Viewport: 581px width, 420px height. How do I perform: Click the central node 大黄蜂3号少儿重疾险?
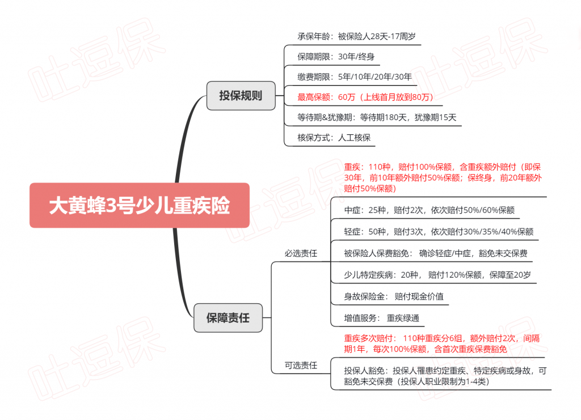pos(140,205)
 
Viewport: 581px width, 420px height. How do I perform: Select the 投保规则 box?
pos(241,95)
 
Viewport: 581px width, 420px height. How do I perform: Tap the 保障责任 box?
pos(228,317)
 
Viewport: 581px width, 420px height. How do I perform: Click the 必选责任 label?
pos(301,253)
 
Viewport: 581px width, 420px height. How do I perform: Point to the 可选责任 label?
pos(301,365)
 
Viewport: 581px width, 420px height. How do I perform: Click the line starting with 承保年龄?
pos(356,36)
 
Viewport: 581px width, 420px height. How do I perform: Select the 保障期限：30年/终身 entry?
pos(336,57)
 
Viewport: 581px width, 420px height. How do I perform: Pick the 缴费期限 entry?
pos(355,77)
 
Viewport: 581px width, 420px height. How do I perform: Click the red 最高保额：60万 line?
pos(365,97)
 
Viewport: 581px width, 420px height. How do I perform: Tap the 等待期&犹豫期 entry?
pos(377,117)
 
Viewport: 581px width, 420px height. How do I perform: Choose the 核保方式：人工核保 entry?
pos(334,138)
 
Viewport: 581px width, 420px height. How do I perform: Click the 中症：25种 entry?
pos(430,210)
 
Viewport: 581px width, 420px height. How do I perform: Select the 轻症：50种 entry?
pos(439,232)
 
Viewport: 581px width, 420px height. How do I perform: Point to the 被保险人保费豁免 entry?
pos(436,253)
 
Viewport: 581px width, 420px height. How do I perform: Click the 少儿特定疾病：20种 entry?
pos(437,274)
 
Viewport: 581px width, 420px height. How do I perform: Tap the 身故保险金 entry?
pos(394,296)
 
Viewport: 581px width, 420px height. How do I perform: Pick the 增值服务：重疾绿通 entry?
pos(382,318)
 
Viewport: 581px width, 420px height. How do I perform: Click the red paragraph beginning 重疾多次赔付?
pos(441,343)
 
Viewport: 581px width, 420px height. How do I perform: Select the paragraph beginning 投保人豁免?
pos(445,376)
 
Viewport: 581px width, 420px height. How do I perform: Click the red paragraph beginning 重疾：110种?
pos(443,177)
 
